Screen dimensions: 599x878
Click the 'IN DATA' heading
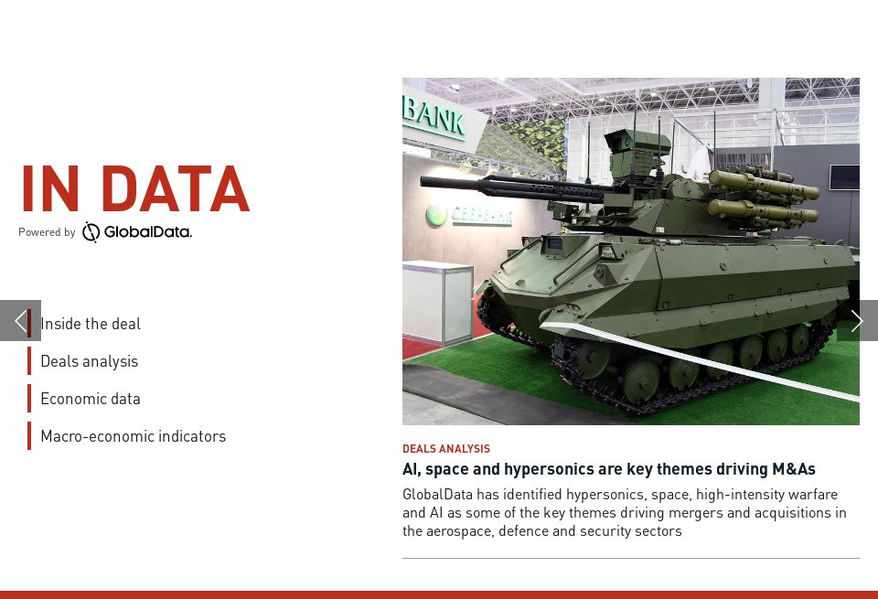tap(134, 189)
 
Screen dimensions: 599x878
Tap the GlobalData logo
tap(137, 232)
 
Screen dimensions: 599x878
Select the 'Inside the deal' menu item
tap(91, 324)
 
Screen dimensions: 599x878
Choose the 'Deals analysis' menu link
tap(89, 361)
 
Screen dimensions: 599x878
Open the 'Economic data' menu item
tap(91, 399)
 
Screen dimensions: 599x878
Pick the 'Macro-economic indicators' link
tap(133, 436)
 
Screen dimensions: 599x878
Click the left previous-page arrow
tap(19, 321)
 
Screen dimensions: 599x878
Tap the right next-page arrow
tap(857, 321)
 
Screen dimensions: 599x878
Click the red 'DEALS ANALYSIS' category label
tap(446, 449)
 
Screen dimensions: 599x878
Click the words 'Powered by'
tap(47, 232)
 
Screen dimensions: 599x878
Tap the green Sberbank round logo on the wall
tap(436, 216)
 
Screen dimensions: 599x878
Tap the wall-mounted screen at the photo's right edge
tap(844, 176)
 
